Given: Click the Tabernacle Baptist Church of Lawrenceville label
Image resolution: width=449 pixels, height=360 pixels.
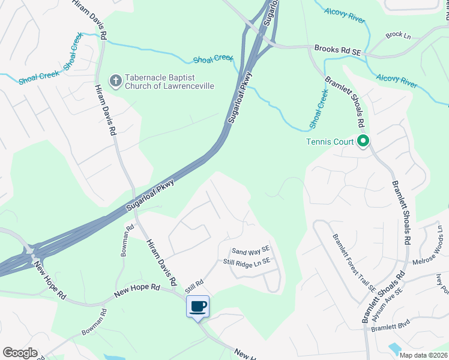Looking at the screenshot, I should point(169,82).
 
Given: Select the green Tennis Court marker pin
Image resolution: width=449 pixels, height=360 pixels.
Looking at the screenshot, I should point(363,142).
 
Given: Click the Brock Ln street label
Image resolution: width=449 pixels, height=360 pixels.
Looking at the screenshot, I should point(398,35).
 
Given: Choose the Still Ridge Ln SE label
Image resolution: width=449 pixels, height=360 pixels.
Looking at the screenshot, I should point(247,262).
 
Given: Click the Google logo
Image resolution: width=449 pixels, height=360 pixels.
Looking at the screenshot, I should point(20,353).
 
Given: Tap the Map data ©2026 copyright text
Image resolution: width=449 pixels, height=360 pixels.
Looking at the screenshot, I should point(423,355).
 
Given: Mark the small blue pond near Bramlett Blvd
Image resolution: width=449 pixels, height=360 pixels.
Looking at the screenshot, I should point(395,348).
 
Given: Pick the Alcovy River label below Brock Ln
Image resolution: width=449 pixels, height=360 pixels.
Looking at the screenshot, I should point(396,80).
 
